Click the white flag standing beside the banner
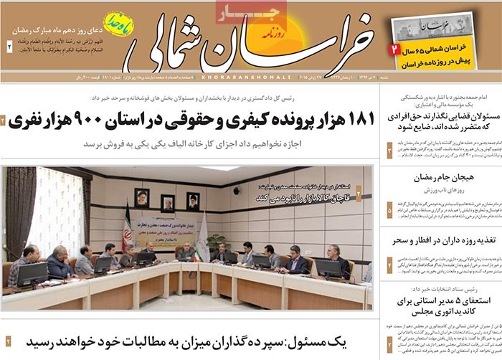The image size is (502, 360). point(202,230)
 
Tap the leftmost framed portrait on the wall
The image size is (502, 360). point(142,199)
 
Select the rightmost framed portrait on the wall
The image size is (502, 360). point(192,200)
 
